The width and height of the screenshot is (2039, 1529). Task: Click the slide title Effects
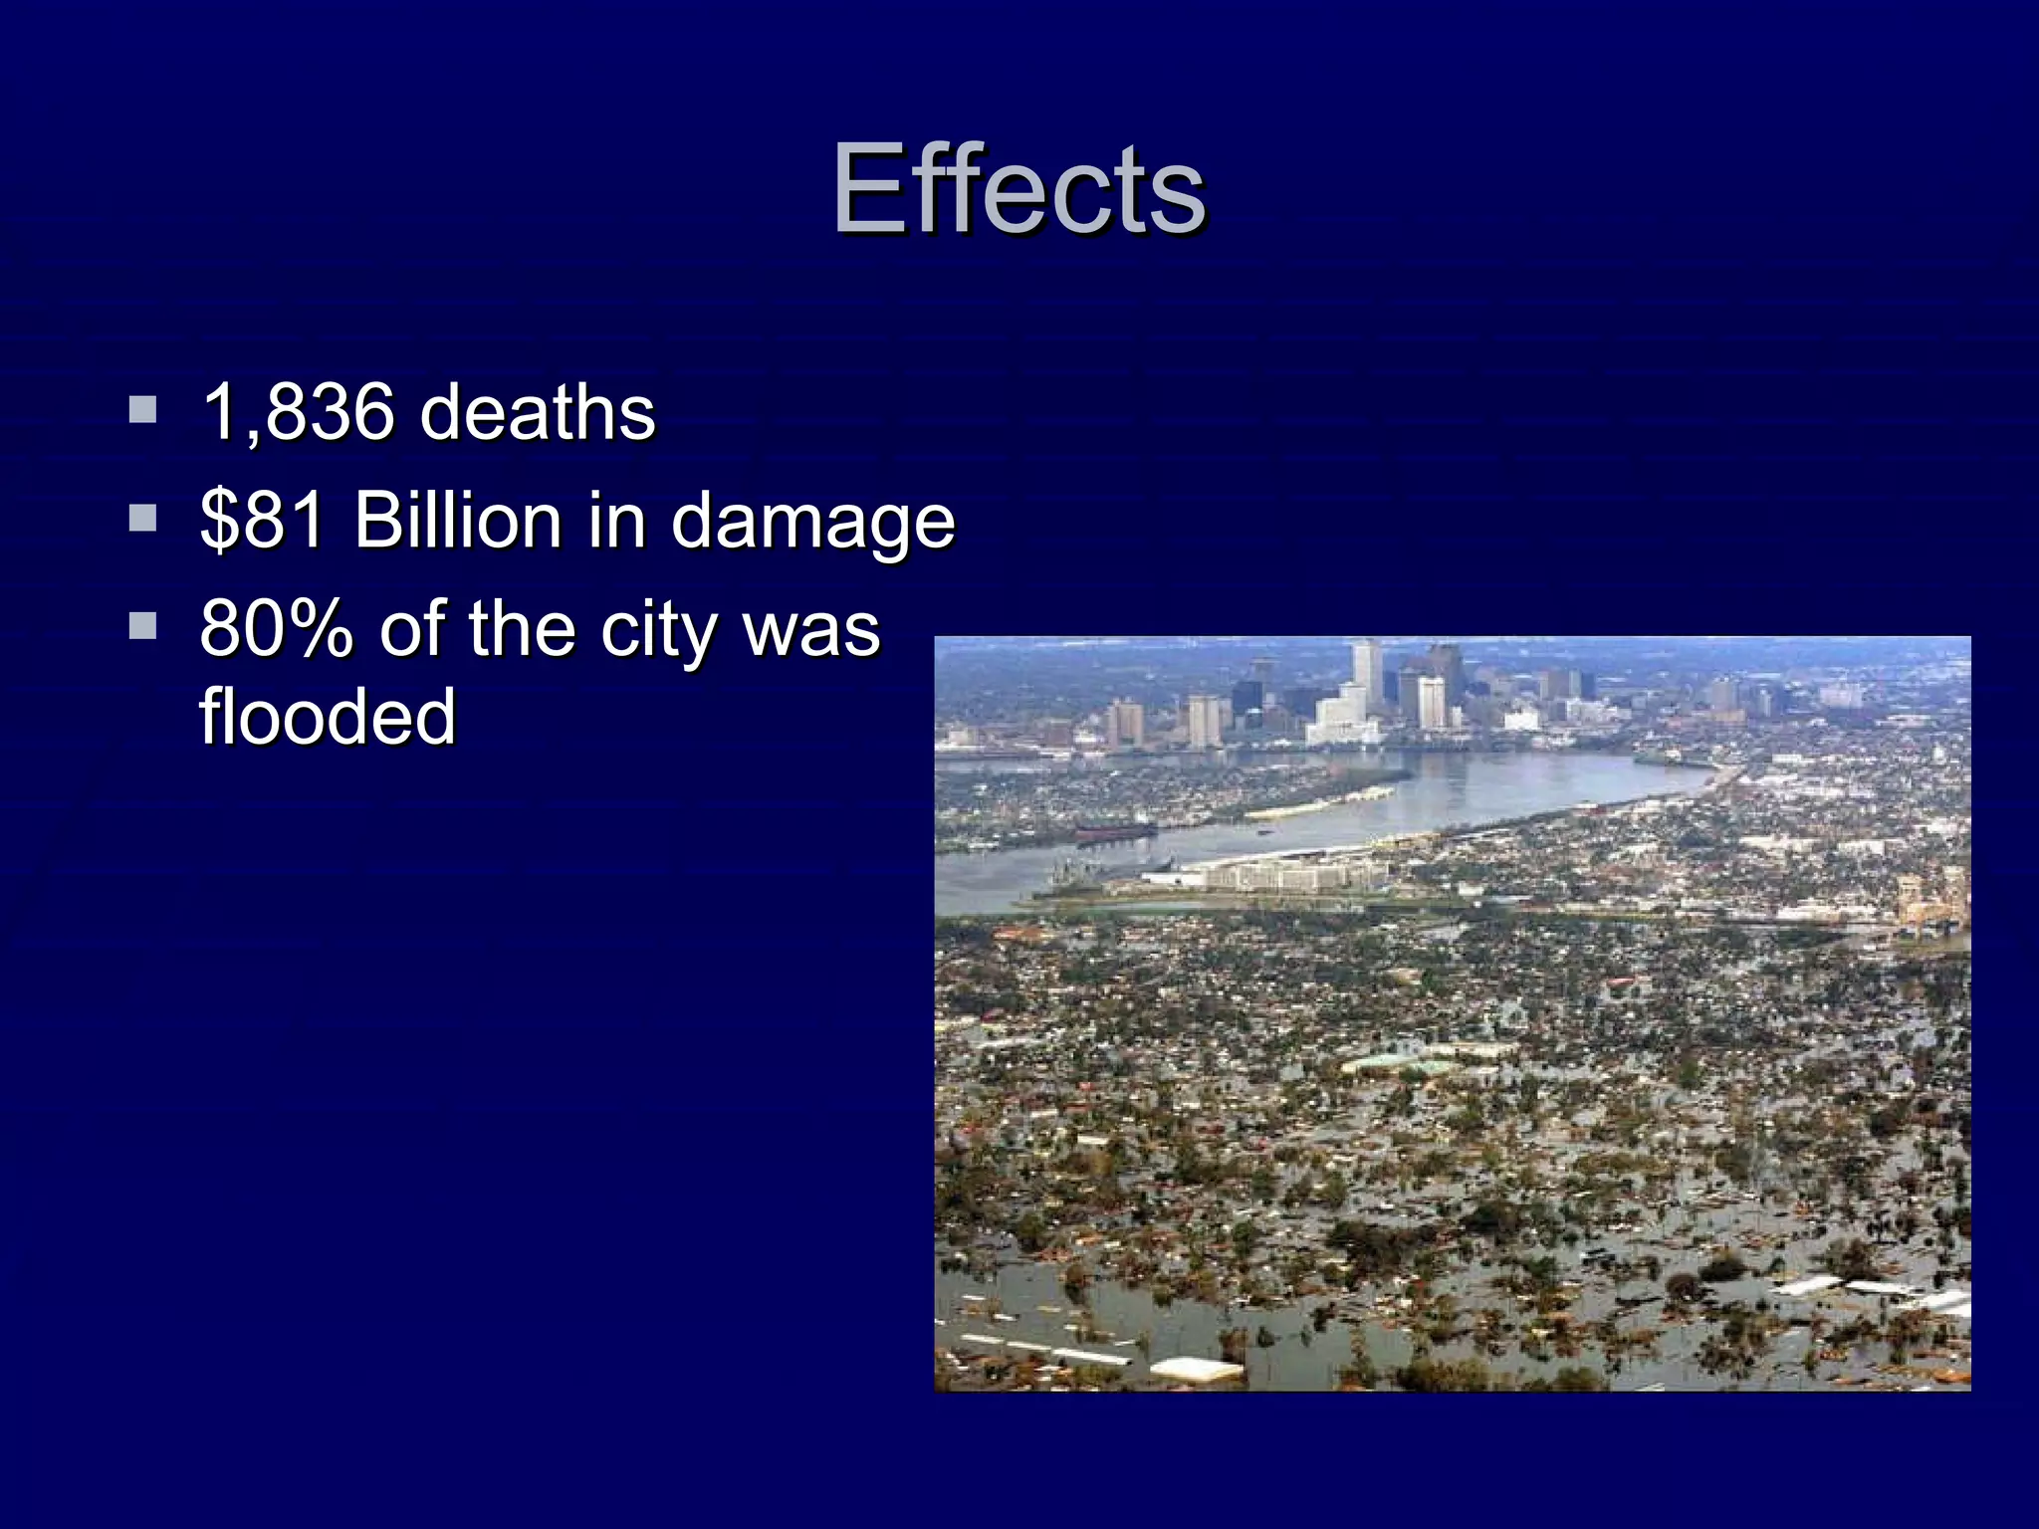pyautogui.click(x=1019, y=188)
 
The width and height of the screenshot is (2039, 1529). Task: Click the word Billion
pyautogui.click(x=458, y=520)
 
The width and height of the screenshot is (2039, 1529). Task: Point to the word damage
pyautogui.click(x=812, y=522)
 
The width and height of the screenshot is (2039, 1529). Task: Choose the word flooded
pyautogui.click(x=328, y=716)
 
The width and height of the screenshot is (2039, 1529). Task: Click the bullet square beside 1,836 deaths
pyautogui.click(x=142, y=409)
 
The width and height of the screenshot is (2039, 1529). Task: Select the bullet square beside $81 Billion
pyautogui.click(x=142, y=518)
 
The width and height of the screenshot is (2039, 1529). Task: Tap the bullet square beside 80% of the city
pyautogui.click(x=142, y=626)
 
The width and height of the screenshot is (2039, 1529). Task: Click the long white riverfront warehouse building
pyautogui.click(x=1284, y=876)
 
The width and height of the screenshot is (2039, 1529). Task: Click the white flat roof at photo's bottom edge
pyautogui.click(x=1195, y=1370)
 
